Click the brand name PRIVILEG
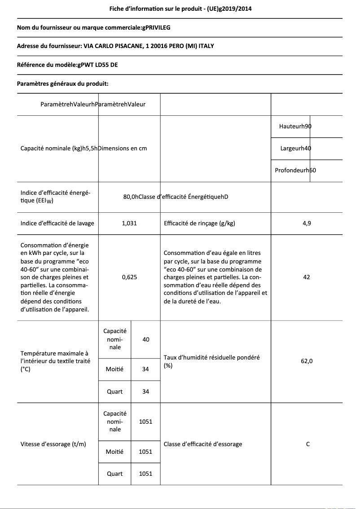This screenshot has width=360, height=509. click(156, 27)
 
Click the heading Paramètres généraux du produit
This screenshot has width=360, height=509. click(62, 83)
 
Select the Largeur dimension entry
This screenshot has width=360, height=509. click(295, 148)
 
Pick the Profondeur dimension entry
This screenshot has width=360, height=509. click(295, 170)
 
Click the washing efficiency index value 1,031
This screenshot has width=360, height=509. click(129, 223)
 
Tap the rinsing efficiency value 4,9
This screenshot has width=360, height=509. click(307, 223)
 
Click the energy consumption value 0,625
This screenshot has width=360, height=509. click(129, 277)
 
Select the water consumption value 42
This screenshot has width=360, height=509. click(307, 277)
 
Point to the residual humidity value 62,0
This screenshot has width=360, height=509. click(307, 361)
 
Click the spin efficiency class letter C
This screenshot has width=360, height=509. click(308, 444)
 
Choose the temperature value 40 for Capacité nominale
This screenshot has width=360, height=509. click(145, 339)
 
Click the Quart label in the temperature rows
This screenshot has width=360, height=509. click(114, 391)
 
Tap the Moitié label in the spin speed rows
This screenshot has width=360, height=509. click(114, 452)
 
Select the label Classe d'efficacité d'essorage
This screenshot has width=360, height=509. click(203, 444)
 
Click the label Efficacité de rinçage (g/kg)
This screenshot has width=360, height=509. click(200, 223)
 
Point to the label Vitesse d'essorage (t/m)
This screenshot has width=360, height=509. click(53, 444)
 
